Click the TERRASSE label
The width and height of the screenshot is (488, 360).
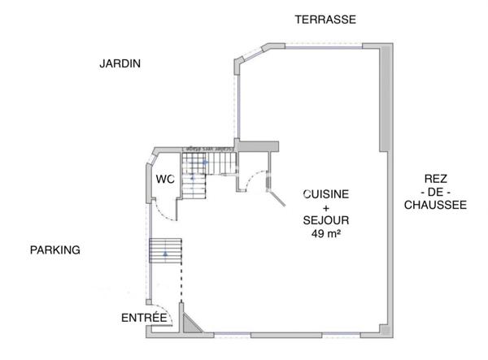point(325,20)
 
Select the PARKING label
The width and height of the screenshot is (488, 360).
point(55,250)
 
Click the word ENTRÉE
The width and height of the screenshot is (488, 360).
point(144,318)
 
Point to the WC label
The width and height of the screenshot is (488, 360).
point(166,179)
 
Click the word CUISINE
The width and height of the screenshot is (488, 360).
point(326,195)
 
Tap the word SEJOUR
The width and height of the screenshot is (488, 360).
point(326,221)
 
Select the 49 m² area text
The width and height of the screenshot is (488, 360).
point(326,234)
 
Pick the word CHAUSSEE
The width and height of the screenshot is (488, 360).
point(435,206)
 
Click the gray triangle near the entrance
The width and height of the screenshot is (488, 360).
point(190,324)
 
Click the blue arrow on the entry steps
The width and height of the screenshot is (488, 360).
point(166,255)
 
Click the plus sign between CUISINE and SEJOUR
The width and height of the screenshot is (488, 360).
point(326,208)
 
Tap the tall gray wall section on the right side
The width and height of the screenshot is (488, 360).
point(387,98)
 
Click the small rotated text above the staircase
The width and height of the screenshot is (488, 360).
point(205,150)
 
